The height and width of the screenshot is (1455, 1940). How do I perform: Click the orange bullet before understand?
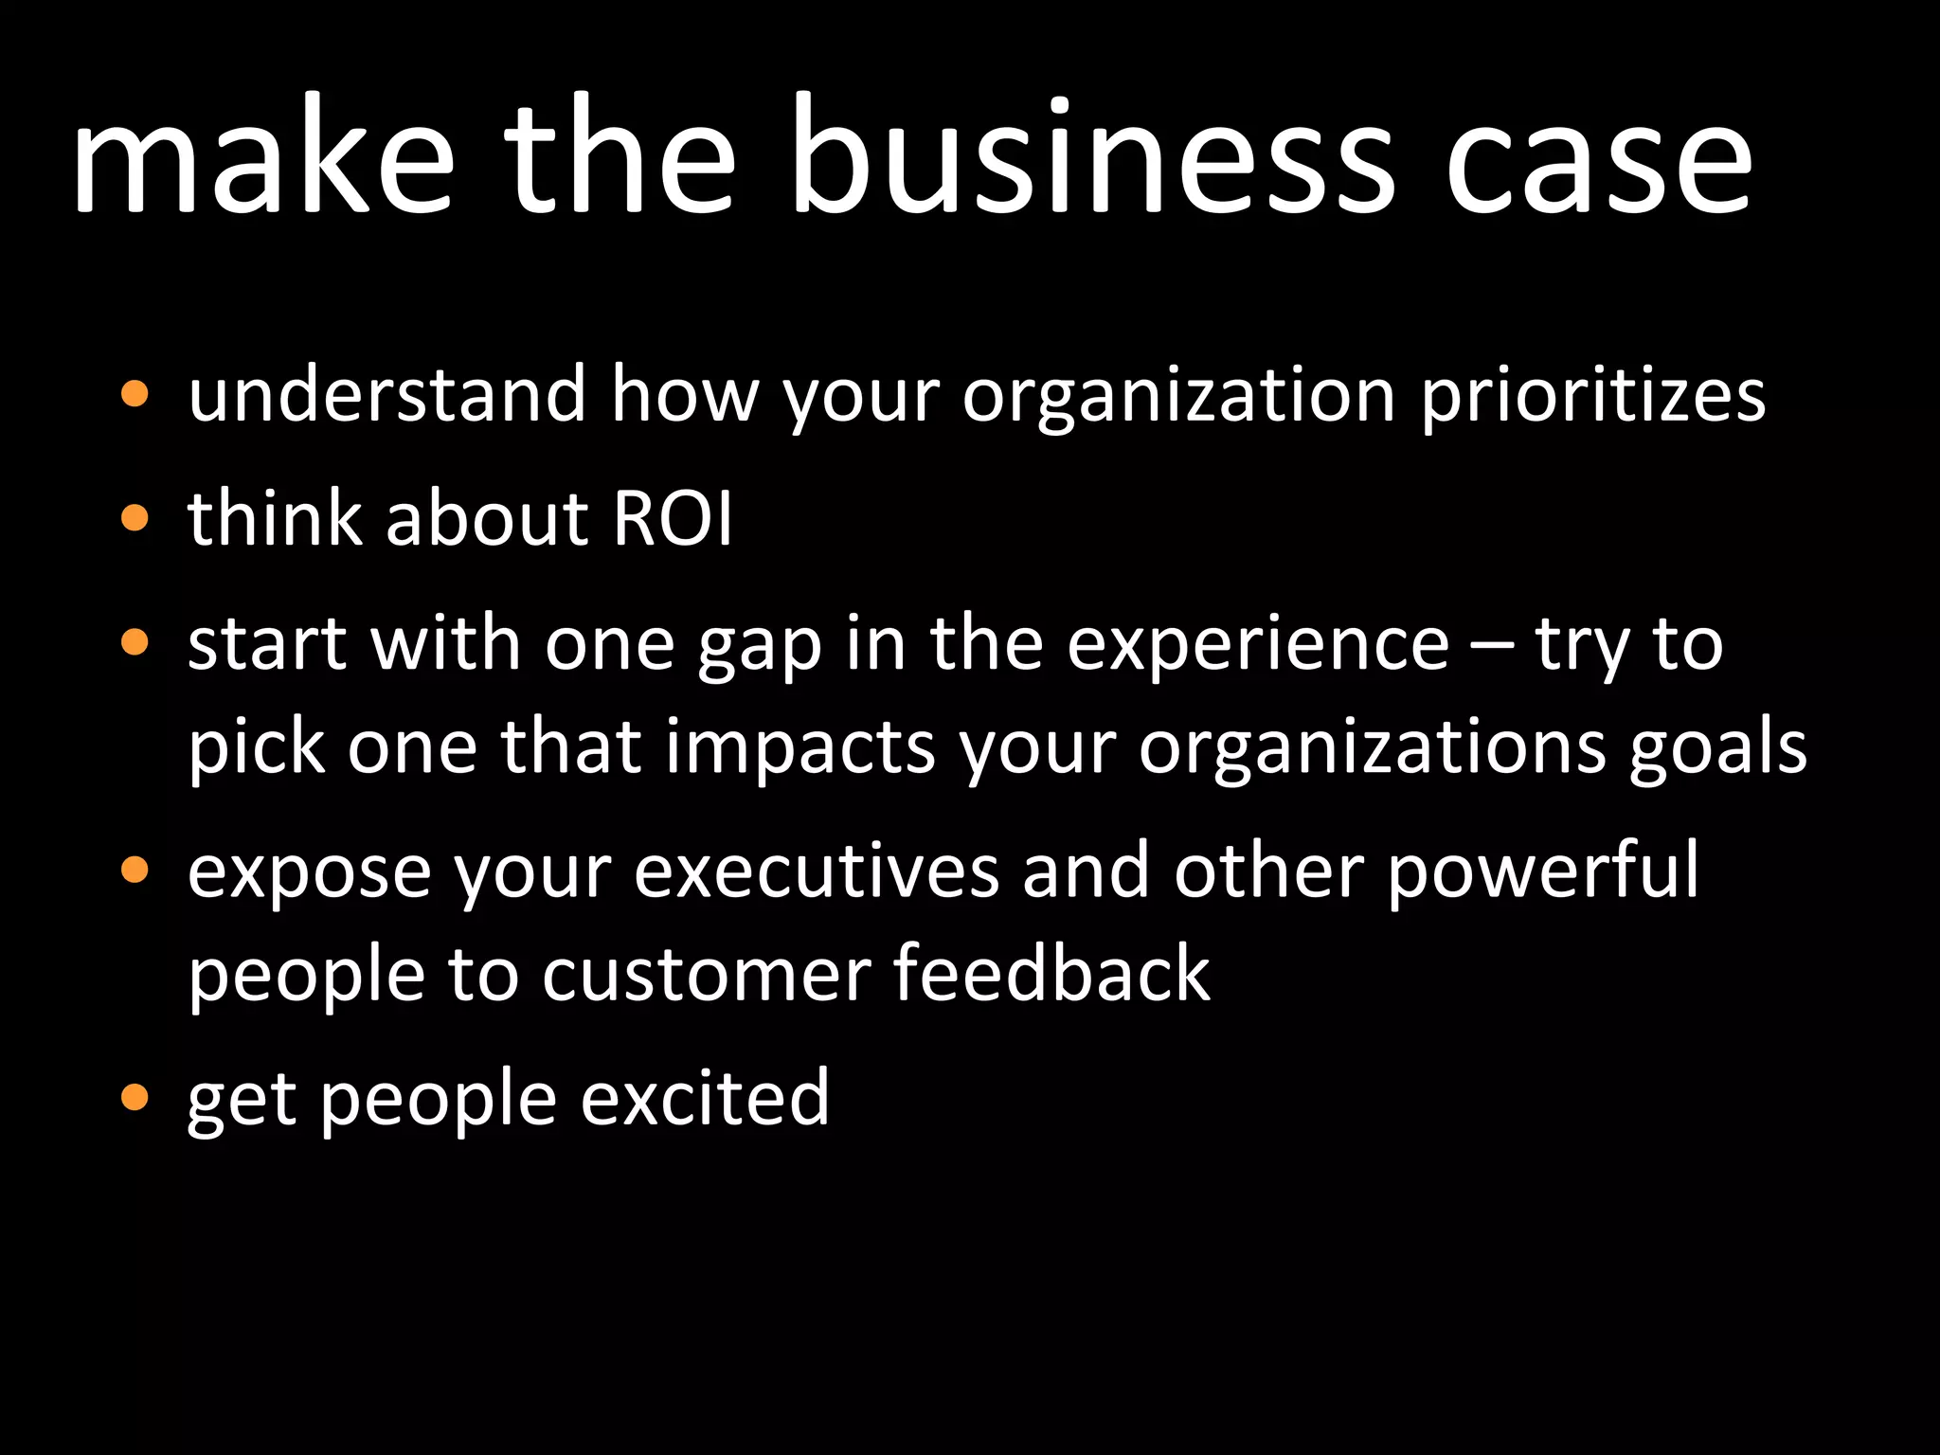135,393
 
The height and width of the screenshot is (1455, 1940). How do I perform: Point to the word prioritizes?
1593,395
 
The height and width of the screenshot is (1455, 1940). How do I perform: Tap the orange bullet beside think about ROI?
135,518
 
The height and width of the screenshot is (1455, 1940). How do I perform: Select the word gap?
760,646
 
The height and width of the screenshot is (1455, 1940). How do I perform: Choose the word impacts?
800,748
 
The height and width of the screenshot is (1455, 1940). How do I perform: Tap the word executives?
817,871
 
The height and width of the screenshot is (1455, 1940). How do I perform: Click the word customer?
706,976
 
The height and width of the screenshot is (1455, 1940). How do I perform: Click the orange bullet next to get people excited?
135,1097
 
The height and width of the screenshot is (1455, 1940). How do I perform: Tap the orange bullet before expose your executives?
135,870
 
